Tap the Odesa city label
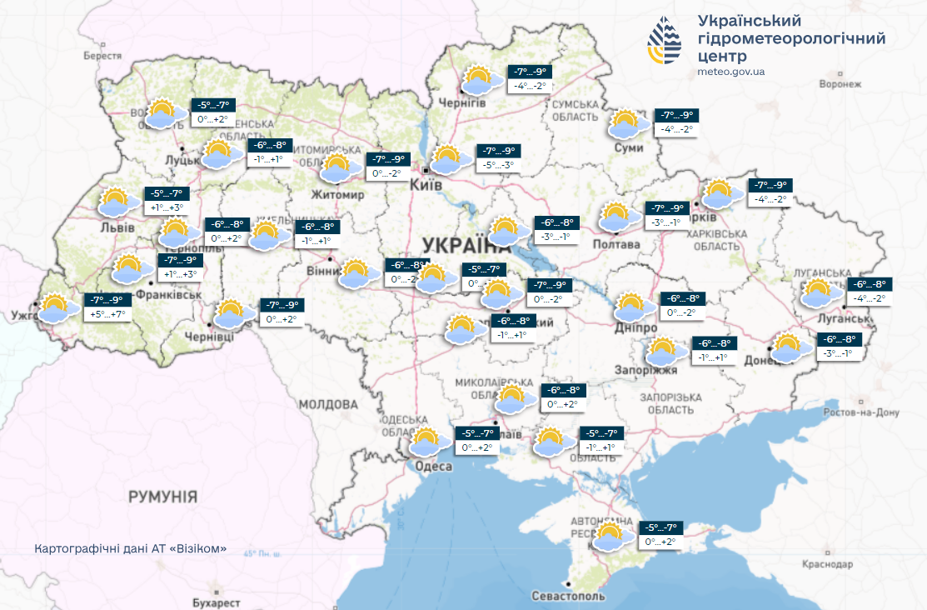(433, 467)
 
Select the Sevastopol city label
(569, 596)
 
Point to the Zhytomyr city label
(338, 195)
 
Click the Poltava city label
(616, 244)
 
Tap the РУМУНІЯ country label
(162, 497)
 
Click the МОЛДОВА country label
(328, 404)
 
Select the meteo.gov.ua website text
(730, 72)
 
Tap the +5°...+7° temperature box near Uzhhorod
(107, 314)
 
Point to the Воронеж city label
(839, 84)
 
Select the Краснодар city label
(828, 564)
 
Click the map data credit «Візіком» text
(131, 550)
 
